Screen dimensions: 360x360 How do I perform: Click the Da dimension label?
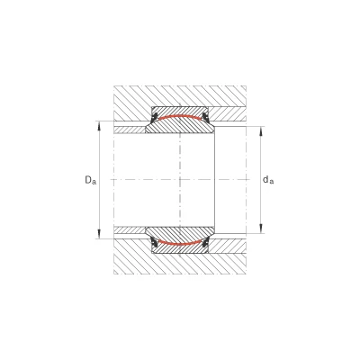[91, 180]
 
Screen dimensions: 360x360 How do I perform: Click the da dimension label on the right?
[268, 180]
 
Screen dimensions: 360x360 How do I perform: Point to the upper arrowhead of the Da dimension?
[99, 126]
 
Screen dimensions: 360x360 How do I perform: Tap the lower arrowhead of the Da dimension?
[99, 234]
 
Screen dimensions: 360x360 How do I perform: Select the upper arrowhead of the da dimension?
[261, 131]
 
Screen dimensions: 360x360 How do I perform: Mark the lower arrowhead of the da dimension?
[261, 229]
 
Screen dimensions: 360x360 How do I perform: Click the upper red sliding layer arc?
[179, 117]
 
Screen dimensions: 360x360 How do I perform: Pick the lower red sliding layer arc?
[179, 243]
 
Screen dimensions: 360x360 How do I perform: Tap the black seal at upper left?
[155, 117]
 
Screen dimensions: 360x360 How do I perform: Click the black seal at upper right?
[205, 117]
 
